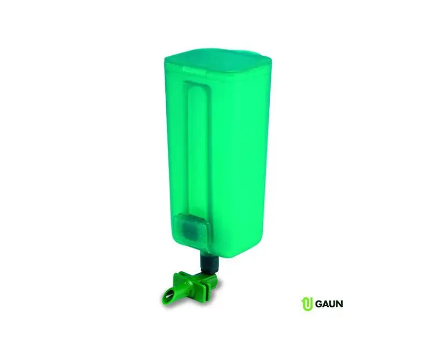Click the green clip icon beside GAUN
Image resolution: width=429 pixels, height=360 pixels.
[307, 304]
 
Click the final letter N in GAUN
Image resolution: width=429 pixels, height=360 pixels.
[339, 304]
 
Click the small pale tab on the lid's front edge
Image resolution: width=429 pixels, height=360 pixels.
[195, 70]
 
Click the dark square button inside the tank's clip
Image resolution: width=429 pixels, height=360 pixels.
[190, 229]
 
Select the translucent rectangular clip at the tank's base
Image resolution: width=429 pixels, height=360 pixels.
[192, 230]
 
